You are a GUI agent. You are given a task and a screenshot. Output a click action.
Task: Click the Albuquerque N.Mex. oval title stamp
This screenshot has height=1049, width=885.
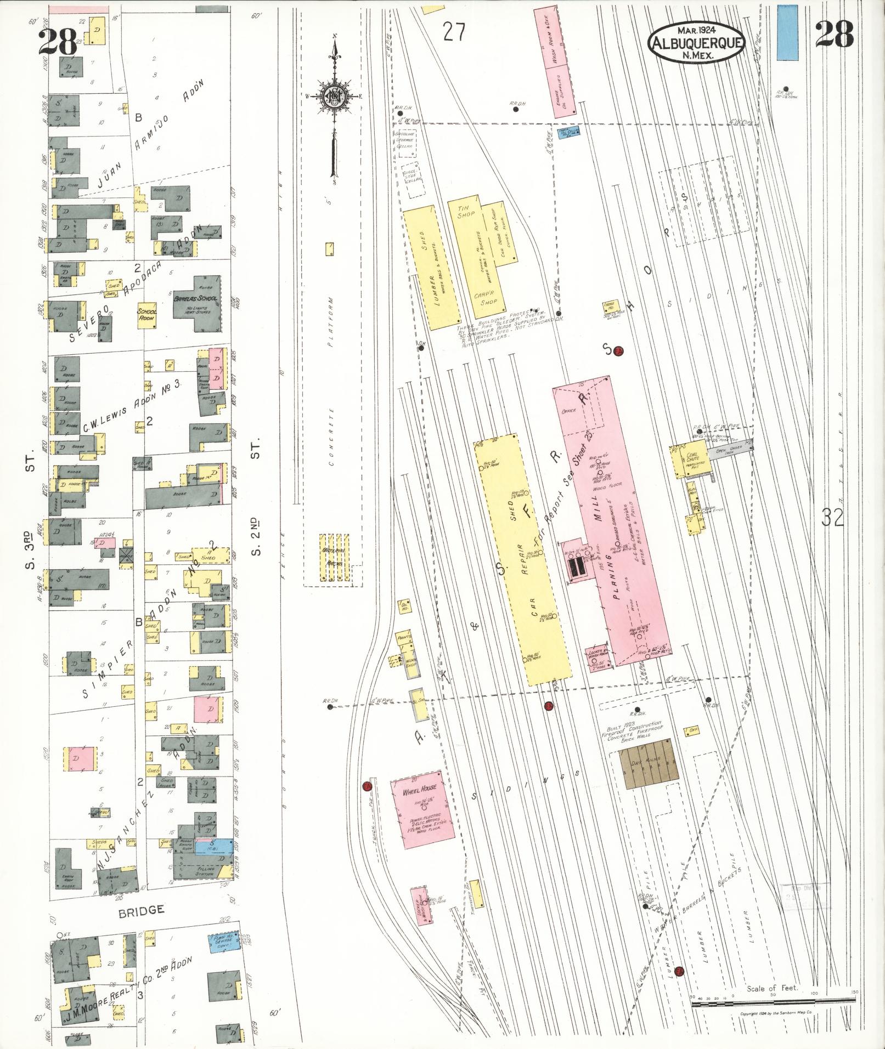click(x=696, y=42)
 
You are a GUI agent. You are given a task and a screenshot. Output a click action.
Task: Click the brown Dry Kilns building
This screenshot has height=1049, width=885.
click(x=648, y=763)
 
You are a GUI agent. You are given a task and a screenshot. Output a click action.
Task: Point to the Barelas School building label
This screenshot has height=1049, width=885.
click(x=196, y=300)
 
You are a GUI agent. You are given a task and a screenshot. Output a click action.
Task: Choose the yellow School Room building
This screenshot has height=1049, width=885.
click(x=146, y=315)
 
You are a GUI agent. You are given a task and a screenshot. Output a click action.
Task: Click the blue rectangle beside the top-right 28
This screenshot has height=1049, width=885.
click(x=787, y=32)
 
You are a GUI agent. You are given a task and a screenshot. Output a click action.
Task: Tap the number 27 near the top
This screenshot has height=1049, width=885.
click(x=454, y=32)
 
